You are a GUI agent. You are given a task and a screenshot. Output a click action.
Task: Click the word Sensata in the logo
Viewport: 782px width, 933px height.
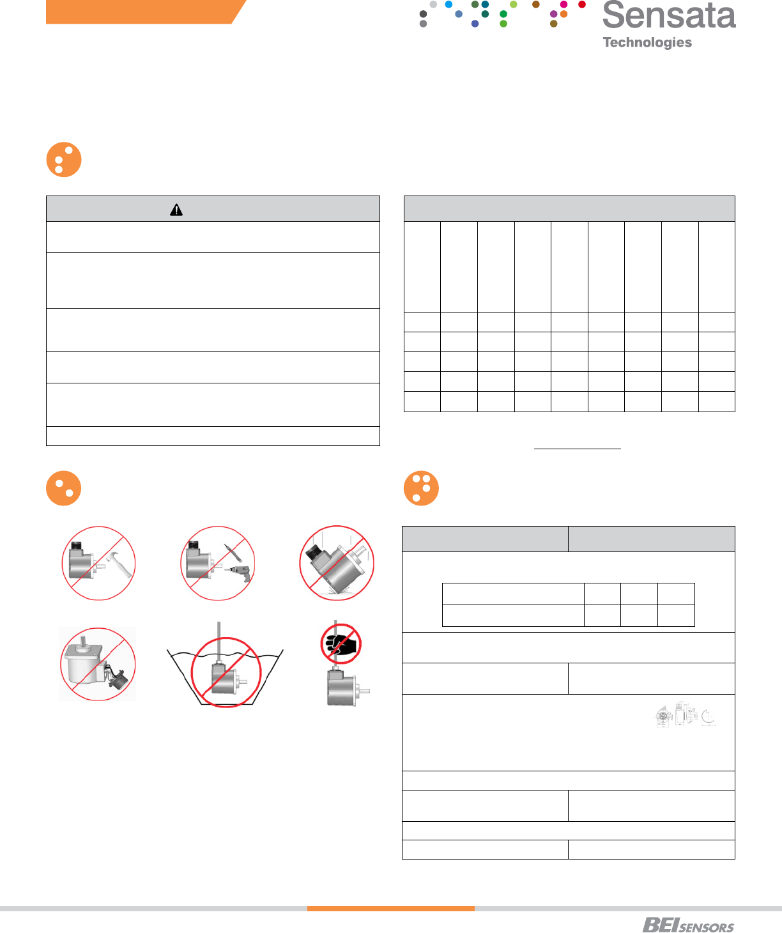[668, 15]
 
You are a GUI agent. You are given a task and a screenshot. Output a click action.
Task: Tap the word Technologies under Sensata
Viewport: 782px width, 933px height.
[647, 43]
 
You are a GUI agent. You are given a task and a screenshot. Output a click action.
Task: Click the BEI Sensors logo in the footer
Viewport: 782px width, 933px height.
[688, 925]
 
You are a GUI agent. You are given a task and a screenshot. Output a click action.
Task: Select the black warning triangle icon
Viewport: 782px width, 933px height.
[176, 210]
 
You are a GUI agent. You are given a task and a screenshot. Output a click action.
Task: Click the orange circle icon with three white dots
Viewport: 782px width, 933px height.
[64, 159]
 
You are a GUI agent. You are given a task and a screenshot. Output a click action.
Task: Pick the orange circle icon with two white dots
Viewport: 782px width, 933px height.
[64, 488]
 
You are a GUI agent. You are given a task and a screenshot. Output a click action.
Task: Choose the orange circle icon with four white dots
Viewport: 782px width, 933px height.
[421, 488]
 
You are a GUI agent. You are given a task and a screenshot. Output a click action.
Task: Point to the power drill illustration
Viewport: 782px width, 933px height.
[241, 571]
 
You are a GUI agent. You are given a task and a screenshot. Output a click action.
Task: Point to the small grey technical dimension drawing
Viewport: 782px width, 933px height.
[685, 716]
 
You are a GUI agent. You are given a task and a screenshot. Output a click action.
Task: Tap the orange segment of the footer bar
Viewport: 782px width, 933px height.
[390, 908]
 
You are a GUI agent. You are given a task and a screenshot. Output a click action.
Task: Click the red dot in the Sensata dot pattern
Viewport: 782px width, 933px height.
[582, 4]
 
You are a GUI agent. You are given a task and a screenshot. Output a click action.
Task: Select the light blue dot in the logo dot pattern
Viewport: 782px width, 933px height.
[448, 4]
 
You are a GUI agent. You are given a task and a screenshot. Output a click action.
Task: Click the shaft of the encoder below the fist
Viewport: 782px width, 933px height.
[365, 691]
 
